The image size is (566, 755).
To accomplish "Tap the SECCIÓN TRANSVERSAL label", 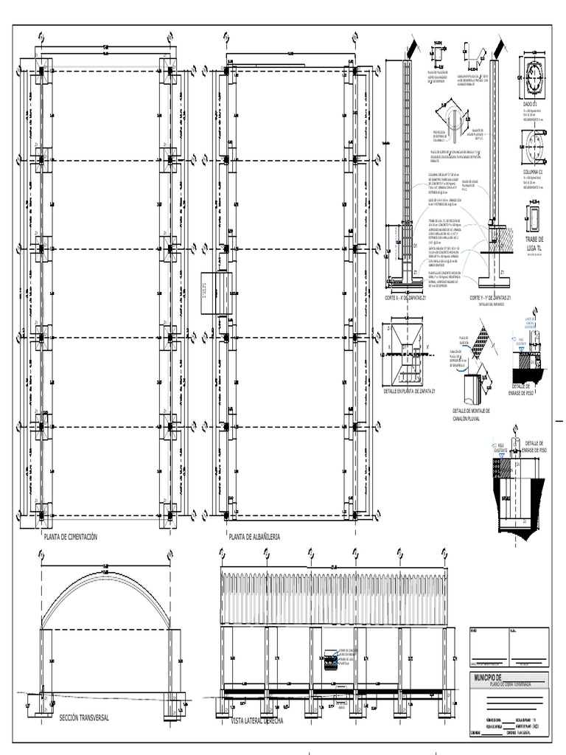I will click(x=83, y=717).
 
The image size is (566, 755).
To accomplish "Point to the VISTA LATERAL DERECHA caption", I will click(x=257, y=720).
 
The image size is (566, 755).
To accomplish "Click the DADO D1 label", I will click(x=531, y=105).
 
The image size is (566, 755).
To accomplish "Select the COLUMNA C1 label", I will click(x=531, y=172).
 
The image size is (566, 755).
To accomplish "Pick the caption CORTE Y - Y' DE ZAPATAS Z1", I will click(x=491, y=298).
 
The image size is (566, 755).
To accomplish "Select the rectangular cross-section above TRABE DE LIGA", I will click(x=533, y=219).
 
